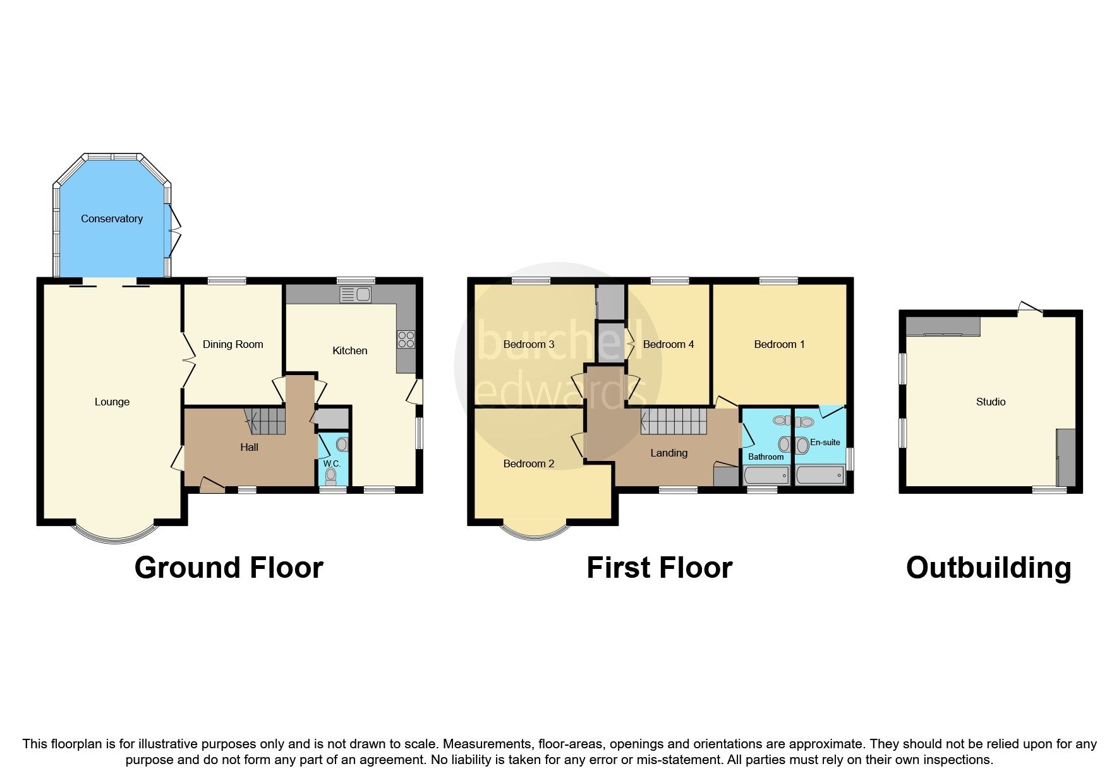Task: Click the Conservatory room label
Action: pos(112,218)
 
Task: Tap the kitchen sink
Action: pos(355,294)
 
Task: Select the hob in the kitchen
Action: pos(406,340)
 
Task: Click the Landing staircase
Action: pos(674,421)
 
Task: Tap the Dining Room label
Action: pos(233,344)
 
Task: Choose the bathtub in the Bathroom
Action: pos(766,475)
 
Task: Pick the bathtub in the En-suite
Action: pos(820,475)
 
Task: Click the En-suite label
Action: pos(825,442)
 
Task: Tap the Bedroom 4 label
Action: pos(668,344)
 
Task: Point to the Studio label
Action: pos(990,402)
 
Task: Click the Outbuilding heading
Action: pos(988,568)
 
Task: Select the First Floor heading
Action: pos(659,568)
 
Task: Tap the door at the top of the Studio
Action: pos(1031,308)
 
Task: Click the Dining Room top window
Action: pos(227,281)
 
